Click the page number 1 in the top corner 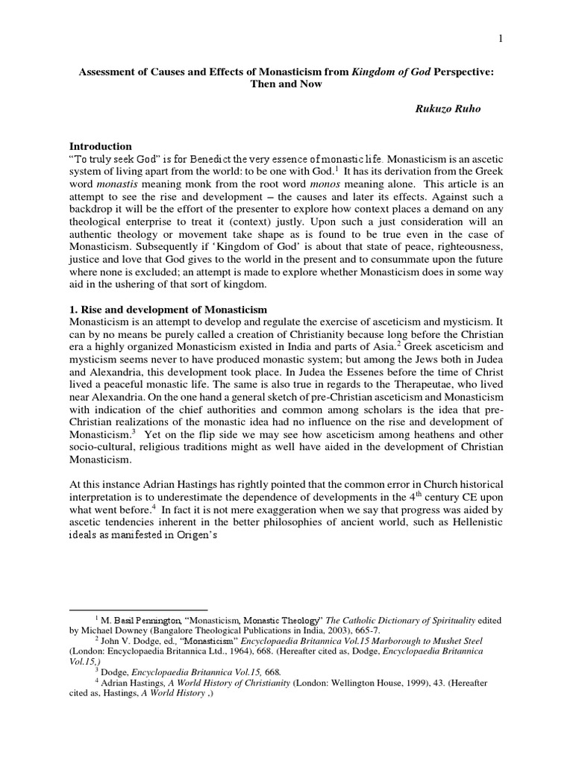point(502,38)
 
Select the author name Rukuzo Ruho point(448,108)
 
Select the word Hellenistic point(475,522)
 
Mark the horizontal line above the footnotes point(138,610)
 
